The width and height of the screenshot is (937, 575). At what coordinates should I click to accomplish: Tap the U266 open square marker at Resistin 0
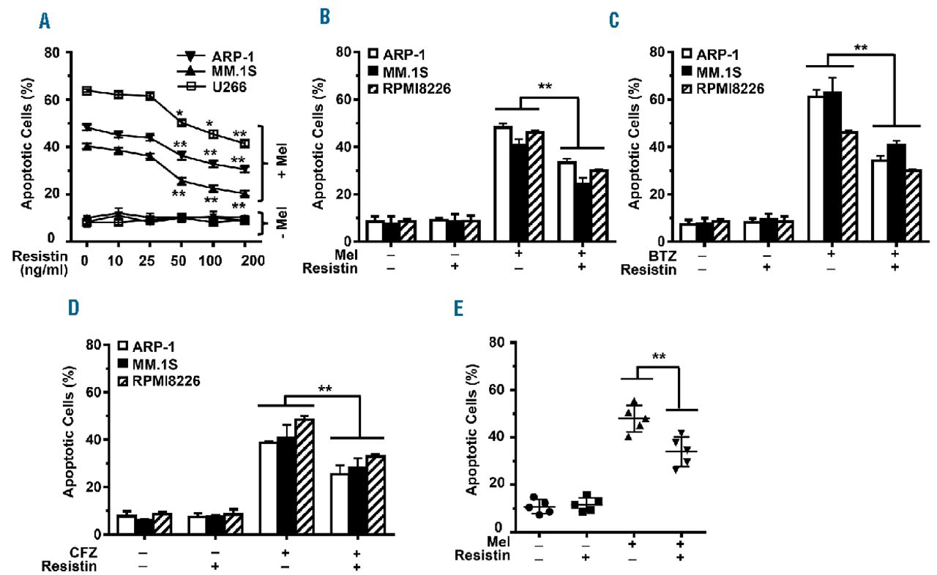(x=86, y=91)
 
